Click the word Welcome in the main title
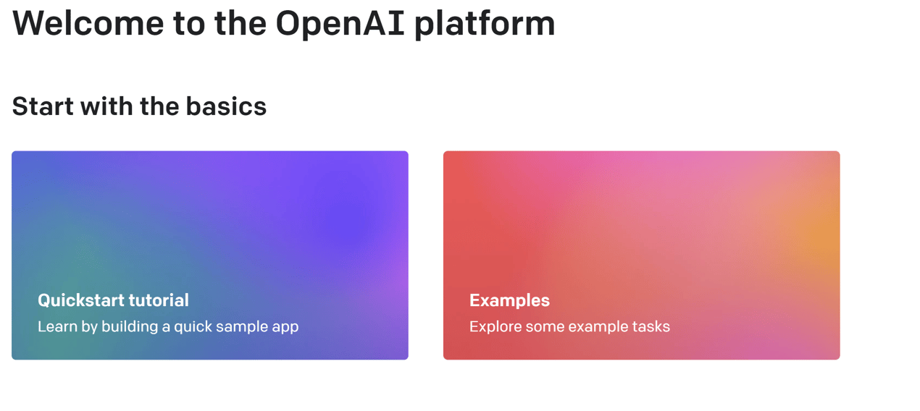pos(88,23)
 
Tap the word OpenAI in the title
pos(340,23)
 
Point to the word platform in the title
pos(485,24)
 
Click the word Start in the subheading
pos(43,106)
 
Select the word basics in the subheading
pos(226,106)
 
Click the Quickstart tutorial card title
pos(113,300)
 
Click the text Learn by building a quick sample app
pos(168,326)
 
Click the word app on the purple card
pos(285,328)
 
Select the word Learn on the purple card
pos(57,326)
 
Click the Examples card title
pos(509,301)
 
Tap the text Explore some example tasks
pos(569,326)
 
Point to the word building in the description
pos(130,326)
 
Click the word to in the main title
pos(189,24)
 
